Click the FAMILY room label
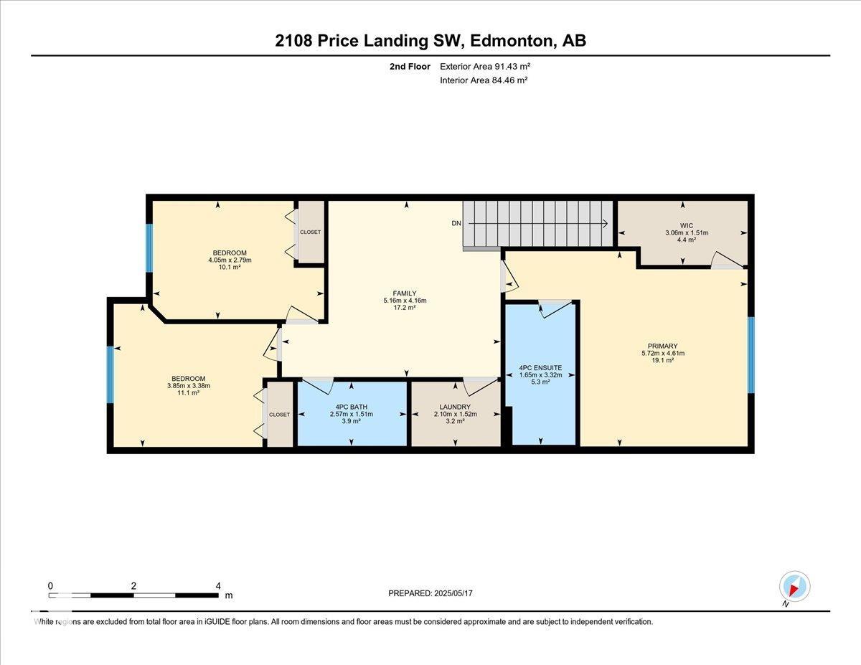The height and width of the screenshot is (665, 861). pyautogui.click(x=405, y=293)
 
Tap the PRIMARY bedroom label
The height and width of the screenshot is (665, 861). pyautogui.click(x=662, y=346)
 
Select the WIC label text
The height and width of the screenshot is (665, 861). pyautogui.click(x=687, y=226)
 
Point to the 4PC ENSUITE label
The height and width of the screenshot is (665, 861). pyautogui.click(x=540, y=367)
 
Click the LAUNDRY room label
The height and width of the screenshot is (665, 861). pyautogui.click(x=455, y=407)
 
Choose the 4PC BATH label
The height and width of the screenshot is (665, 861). pyautogui.click(x=351, y=407)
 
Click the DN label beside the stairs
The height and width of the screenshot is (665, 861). pyautogui.click(x=456, y=223)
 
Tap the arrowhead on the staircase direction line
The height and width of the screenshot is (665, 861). pyautogui.click(x=606, y=224)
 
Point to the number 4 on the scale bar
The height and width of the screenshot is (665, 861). pyautogui.click(x=218, y=586)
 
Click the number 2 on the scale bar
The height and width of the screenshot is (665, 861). pyautogui.click(x=133, y=586)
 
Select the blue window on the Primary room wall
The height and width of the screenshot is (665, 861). pyautogui.click(x=751, y=354)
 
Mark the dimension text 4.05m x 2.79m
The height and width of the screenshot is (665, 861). pyautogui.click(x=230, y=260)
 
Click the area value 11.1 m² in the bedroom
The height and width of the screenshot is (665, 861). pyautogui.click(x=188, y=392)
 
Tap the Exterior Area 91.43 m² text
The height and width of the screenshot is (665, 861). pyautogui.click(x=485, y=67)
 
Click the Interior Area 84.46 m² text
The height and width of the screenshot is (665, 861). pyautogui.click(x=484, y=80)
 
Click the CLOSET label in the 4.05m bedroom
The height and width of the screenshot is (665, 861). pyautogui.click(x=310, y=232)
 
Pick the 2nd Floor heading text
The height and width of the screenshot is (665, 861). pyautogui.click(x=410, y=67)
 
